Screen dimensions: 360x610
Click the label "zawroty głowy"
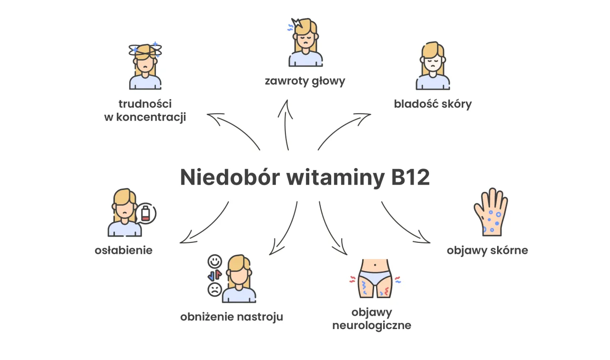pyautogui.click(x=305, y=81)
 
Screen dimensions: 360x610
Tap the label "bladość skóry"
pyautogui.click(x=433, y=104)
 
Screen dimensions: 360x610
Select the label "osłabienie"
pyautogui.click(x=123, y=250)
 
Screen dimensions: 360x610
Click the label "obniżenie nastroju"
pyautogui.click(x=232, y=317)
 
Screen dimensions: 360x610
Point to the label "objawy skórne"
pyautogui.click(x=487, y=250)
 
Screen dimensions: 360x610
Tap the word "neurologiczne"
pyautogui.click(x=371, y=326)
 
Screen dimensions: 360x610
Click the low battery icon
pyautogui.click(x=145, y=213)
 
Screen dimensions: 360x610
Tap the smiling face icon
pyautogui.click(x=215, y=261)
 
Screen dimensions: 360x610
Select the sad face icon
pyautogui.click(x=215, y=289)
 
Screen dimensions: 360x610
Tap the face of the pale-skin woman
pyautogui.click(x=433, y=62)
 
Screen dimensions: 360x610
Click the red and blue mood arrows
pyautogui.click(x=215, y=275)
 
